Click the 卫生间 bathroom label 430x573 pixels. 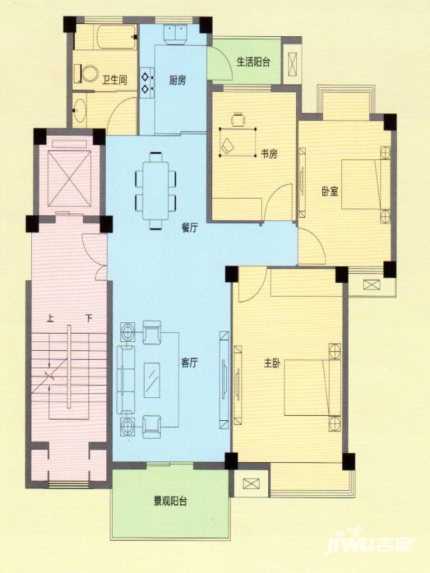[115, 80]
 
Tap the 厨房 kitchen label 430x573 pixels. [177, 80]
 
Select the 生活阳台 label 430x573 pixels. [254, 62]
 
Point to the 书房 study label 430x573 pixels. [269, 154]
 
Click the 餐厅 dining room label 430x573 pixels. [190, 228]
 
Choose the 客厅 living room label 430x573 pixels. [190, 363]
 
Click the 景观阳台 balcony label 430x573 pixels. [170, 500]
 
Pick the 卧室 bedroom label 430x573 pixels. [330, 192]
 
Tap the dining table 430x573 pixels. [156, 190]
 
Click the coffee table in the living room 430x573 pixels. [152, 380]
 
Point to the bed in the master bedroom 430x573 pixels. [313, 387]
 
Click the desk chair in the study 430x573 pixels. [238, 119]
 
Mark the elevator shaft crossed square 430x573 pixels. [69, 179]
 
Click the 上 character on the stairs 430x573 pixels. [50, 318]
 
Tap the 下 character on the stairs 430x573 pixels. [89, 318]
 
